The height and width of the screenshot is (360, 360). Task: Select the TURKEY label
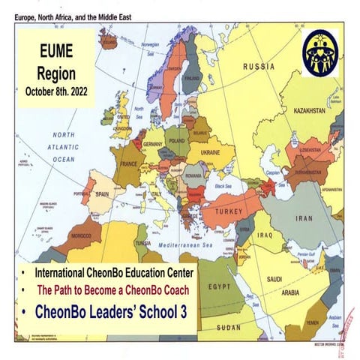pyautogui.click(x=229, y=212)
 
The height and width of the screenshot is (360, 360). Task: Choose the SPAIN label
pyautogui.click(x=106, y=194)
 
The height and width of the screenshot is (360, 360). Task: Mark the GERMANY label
pyautogui.click(x=153, y=143)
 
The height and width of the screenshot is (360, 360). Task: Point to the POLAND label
pyautogui.click(x=178, y=140)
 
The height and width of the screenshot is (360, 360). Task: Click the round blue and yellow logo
pyautogui.click(x=320, y=52)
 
